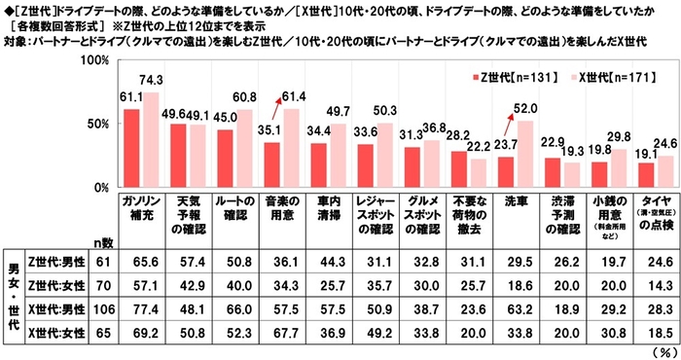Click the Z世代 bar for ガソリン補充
(x=131, y=148)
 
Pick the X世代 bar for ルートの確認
(x=241, y=148)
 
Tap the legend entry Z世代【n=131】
(x=503, y=76)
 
